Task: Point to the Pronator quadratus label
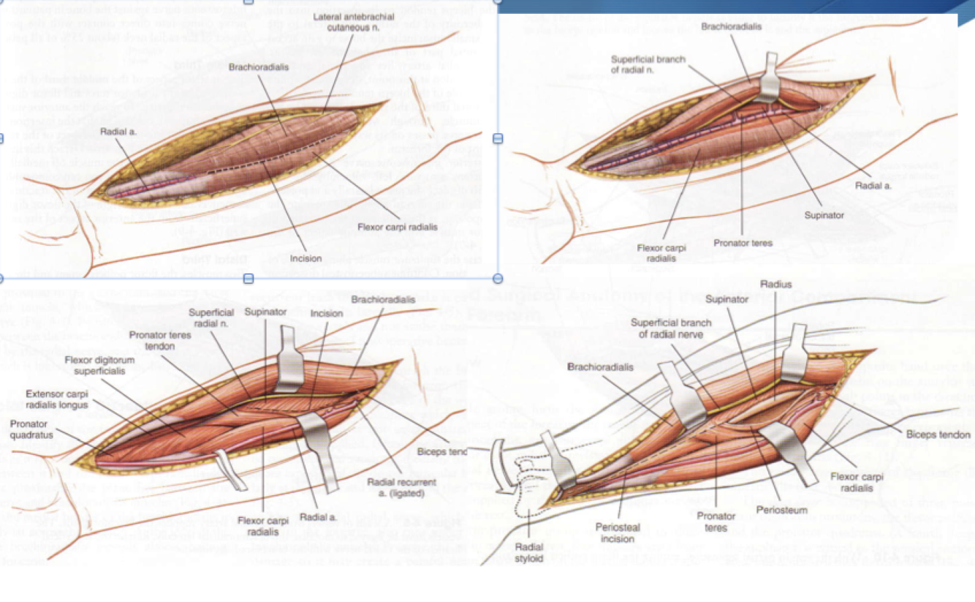coord(29,429)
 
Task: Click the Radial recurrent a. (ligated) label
coord(403,488)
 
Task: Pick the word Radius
coord(775,284)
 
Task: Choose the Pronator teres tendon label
coord(152,340)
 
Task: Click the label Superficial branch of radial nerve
coord(671,328)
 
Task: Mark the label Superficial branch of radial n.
coord(639,64)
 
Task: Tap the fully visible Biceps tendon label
coord(938,435)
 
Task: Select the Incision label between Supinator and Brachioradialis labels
coord(326,313)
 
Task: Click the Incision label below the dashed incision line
coord(305,258)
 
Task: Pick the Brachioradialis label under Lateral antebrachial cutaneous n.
coord(258,67)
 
